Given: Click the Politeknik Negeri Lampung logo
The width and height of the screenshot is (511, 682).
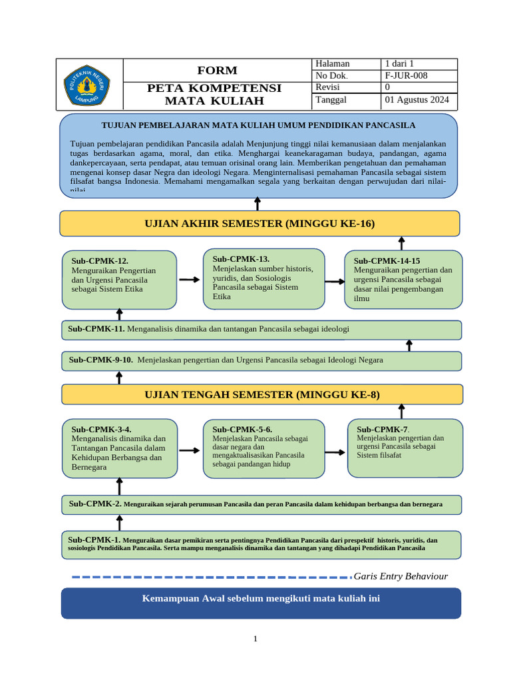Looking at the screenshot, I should [89, 84].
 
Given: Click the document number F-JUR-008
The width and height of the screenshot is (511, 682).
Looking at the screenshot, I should [406, 75].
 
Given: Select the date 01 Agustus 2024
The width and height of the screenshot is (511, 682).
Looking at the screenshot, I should [417, 100].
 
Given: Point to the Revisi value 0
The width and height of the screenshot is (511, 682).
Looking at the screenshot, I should [388, 87].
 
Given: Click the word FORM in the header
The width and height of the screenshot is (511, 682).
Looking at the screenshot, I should [217, 71].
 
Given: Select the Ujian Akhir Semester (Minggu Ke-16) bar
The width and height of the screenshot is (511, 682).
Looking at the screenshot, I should [259, 224].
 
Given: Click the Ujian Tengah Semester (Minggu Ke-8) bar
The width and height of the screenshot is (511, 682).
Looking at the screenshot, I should [261, 394].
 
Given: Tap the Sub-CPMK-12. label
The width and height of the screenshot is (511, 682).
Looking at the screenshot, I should [100, 261].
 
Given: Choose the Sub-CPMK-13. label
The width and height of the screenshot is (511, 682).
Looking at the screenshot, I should [241, 258].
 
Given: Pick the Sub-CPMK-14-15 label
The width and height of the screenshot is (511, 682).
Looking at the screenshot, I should [387, 260].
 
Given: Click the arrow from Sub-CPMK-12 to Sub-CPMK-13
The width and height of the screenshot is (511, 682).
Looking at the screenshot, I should [189, 280].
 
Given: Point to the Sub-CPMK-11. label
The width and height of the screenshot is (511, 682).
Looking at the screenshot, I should [96, 328].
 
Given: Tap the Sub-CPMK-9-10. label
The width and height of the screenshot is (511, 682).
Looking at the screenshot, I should [100, 360].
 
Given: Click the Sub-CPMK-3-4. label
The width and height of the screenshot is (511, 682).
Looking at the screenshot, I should [101, 430].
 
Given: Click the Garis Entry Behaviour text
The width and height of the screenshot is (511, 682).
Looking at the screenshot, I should [401, 576].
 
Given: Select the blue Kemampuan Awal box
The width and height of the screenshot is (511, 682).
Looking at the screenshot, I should [261, 602].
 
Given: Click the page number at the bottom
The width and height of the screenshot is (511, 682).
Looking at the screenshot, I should [255, 639].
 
